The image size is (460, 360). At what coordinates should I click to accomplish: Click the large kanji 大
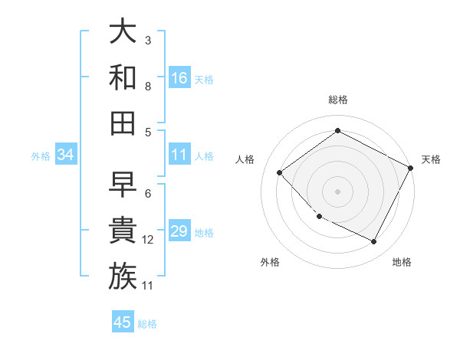pyautogui.click(x=123, y=31)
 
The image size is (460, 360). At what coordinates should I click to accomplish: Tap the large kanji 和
pyautogui.click(x=123, y=77)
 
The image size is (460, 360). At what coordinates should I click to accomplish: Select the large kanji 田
pyautogui.click(x=123, y=122)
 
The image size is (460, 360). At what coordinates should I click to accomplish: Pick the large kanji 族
pyautogui.click(x=123, y=275)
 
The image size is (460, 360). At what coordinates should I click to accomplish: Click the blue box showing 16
pyautogui.click(x=179, y=77)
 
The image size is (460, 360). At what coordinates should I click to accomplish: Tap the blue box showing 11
pyautogui.click(x=179, y=155)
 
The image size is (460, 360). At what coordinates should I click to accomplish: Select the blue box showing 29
pyautogui.click(x=179, y=231)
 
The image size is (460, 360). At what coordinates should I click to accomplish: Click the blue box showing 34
pyautogui.click(x=66, y=155)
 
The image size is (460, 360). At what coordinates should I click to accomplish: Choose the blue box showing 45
pyautogui.click(x=123, y=322)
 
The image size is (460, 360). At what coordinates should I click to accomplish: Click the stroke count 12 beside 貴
pyautogui.click(x=148, y=240)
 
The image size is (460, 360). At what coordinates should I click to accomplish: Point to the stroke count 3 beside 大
pyautogui.click(x=148, y=40)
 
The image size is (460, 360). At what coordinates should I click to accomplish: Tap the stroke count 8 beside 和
pyautogui.click(x=148, y=87)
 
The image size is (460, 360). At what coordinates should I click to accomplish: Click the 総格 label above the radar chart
pyautogui.click(x=337, y=100)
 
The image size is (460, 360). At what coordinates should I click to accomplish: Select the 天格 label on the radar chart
pyautogui.click(x=432, y=159)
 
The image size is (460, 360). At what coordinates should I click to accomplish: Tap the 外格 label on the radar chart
pyautogui.click(x=270, y=262)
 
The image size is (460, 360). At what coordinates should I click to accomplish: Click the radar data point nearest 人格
pyautogui.click(x=280, y=172)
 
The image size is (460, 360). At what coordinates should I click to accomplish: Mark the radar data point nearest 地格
pyautogui.click(x=373, y=241)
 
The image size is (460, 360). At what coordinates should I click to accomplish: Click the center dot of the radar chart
pyautogui.click(x=337, y=191)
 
